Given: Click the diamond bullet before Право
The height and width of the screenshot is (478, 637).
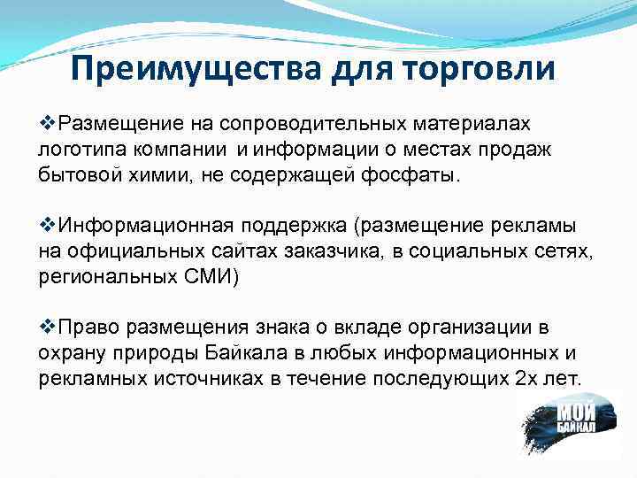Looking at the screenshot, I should tap(48, 328).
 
